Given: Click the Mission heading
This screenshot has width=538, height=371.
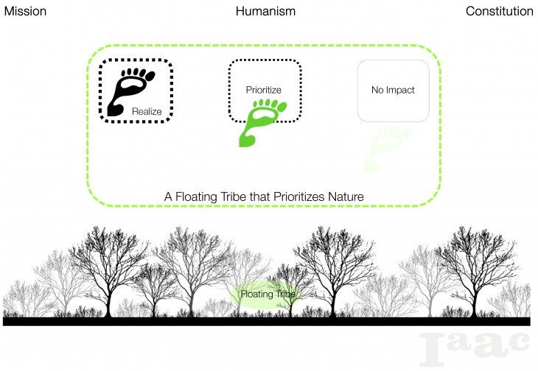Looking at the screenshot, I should point(26,11).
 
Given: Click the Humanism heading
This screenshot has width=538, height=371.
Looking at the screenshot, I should point(265,11).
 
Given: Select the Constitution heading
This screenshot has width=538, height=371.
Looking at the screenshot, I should point(499,11).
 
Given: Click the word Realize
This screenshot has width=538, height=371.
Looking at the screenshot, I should point(147,111).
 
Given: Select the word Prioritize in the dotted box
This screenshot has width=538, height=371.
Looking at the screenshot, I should point(264,91).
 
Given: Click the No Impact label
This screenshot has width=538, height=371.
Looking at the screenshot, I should point(393,91).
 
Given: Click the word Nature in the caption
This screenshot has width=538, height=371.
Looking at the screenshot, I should point(346,197).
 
